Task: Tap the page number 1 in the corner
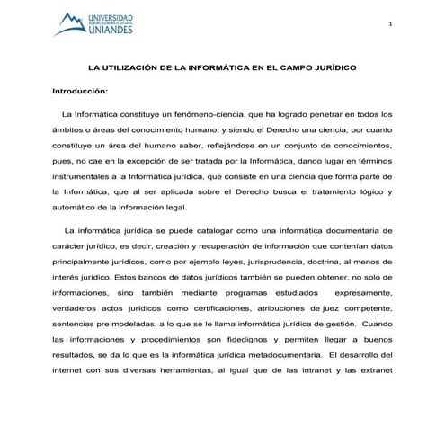[x=391, y=22]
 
